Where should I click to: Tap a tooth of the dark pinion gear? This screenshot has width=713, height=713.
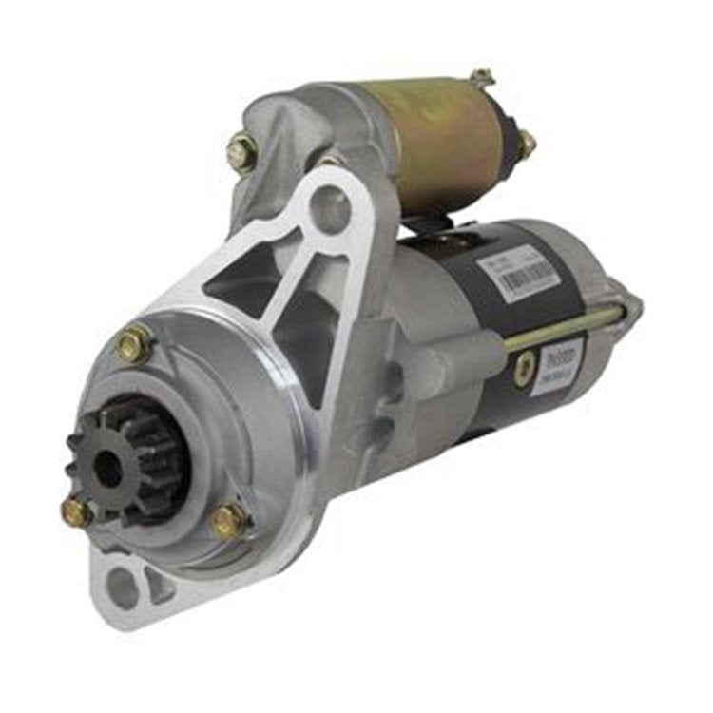(x=76, y=443)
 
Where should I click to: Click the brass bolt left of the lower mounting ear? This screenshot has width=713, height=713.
(x=76, y=513)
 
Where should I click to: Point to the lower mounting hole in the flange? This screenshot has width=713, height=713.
(x=124, y=588)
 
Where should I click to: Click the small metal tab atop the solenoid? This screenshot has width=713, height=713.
(x=482, y=77)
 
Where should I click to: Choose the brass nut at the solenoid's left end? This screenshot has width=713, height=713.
(x=241, y=152)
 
